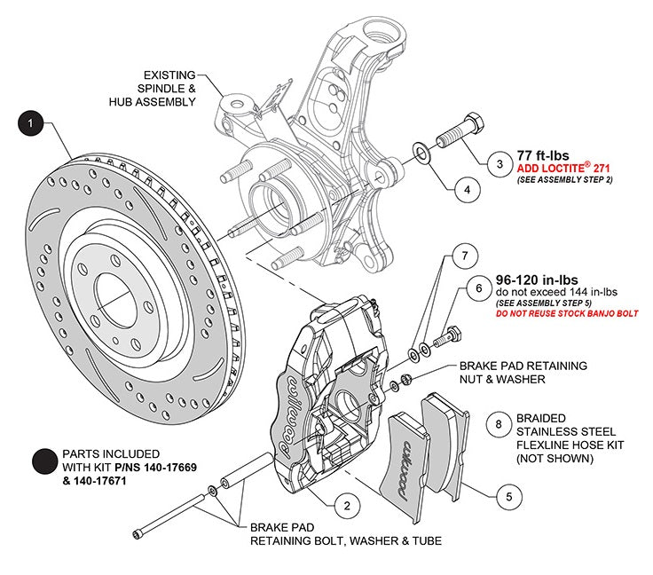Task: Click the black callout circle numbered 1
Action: pos(30,123)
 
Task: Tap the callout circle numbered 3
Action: pos(500,164)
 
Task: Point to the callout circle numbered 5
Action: pos(507,497)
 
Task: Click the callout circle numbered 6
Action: pos(478,289)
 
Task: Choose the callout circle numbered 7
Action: pos(459,256)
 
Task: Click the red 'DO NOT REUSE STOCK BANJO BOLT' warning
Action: pos(567,314)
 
